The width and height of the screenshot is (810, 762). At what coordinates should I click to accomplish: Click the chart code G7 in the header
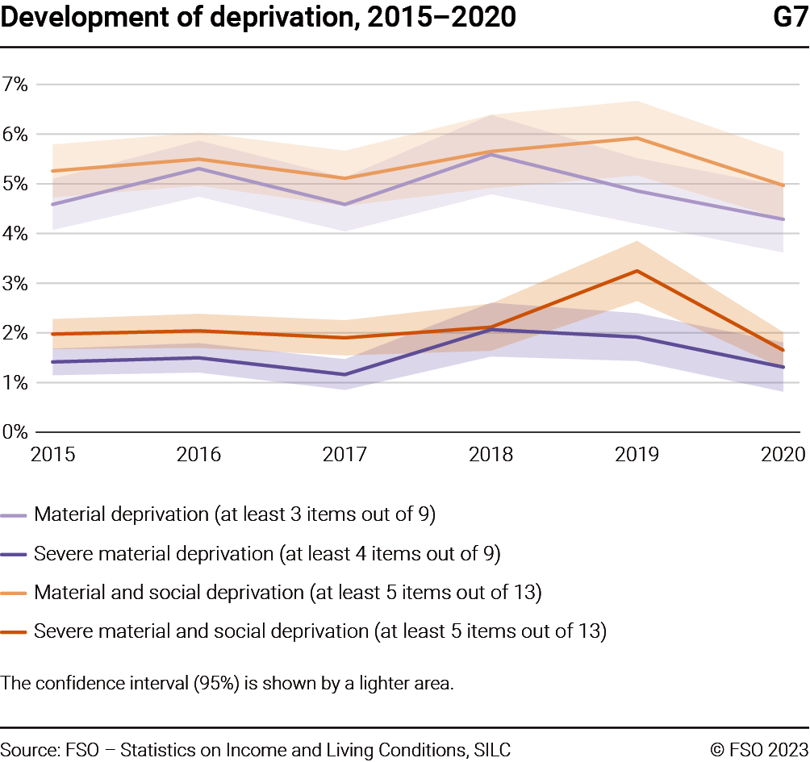tap(789, 16)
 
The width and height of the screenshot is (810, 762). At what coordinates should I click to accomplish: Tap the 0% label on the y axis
tap(15, 432)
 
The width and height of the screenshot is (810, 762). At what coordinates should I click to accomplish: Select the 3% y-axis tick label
tap(15, 283)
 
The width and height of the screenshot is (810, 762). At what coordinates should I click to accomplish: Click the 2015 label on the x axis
tap(53, 455)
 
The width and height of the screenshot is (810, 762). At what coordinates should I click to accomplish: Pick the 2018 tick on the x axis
tap(491, 455)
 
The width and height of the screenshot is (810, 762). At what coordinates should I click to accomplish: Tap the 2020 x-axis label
tap(782, 455)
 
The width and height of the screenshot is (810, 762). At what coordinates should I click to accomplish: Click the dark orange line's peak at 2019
tap(637, 271)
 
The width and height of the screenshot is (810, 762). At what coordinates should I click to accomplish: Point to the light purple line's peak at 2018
tap(491, 154)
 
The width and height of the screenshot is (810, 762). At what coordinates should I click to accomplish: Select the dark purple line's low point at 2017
tap(345, 374)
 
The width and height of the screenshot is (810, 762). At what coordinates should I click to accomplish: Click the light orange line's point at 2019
tap(637, 138)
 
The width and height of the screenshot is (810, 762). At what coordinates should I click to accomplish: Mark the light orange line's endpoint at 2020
tap(783, 185)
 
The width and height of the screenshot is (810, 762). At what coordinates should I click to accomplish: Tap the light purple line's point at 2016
tap(199, 169)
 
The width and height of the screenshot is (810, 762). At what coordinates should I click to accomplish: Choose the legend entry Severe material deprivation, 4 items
tap(267, 554)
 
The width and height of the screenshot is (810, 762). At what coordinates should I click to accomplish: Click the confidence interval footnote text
tap(228, 684)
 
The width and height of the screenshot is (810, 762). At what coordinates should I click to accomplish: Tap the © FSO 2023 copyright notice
tap(758, 749)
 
